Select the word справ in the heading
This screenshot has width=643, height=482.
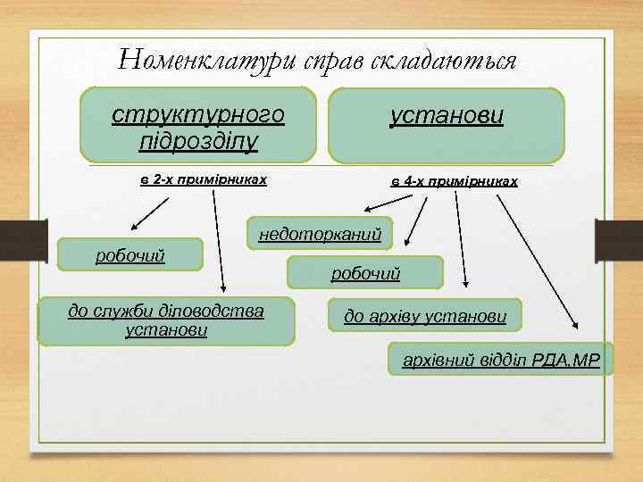328,60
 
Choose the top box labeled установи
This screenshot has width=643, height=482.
447,124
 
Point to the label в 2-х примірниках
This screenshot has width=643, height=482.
204,179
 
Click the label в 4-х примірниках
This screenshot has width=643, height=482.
454,181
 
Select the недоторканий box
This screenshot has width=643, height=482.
320,234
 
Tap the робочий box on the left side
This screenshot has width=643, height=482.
130,256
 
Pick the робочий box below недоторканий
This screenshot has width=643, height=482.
364,273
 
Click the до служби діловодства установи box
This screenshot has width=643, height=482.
166,320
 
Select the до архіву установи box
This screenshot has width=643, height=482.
425,315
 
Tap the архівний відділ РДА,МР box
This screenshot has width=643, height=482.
501,359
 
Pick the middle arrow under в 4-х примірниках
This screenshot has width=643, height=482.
461,241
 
